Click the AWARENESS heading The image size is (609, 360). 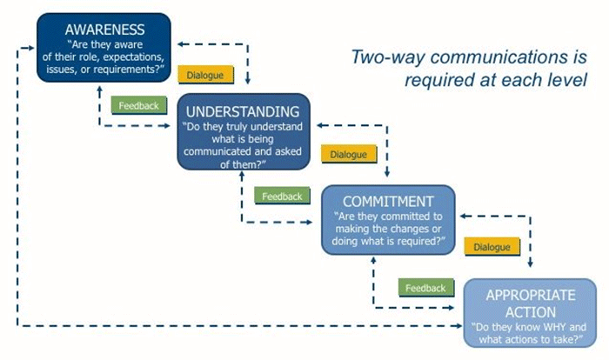point(105,30)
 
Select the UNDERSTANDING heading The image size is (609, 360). point(243,112)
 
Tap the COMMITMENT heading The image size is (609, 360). point(388,202)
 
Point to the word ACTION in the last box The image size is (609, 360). point(531,312)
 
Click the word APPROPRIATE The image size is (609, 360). point(531,295)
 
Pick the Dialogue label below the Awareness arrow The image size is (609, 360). point(205,75)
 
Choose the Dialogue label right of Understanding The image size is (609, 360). point(349,154)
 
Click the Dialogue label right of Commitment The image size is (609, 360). point(492,247)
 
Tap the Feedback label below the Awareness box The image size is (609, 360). point(138,105)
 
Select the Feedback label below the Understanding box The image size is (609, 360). point(282,197)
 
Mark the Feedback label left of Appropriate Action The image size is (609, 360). point(425,288)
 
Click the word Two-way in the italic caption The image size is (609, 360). point(387,57)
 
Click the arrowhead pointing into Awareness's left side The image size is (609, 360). point(32,48)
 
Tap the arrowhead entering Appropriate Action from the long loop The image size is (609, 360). point(459,326)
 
